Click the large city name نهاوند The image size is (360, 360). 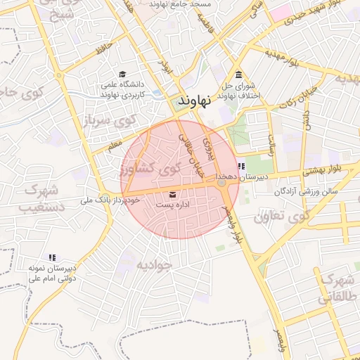195,101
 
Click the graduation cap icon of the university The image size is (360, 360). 122,75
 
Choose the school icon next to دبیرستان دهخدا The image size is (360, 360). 242,167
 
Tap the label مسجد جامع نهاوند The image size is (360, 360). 180,4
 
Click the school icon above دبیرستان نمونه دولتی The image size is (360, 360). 51,257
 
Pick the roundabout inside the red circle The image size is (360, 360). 222,183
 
